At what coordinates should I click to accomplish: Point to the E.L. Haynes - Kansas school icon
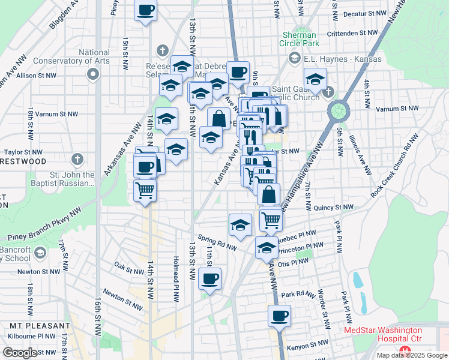point(294,58)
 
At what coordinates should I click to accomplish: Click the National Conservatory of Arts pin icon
point(92,74)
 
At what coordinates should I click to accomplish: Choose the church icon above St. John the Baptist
point(76,159)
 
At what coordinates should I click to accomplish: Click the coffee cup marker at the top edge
point(146,11)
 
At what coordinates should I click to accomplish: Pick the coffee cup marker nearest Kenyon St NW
point(279,316)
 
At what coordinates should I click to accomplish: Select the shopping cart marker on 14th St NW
point(145,191)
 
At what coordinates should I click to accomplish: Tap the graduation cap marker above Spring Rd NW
point(240,224)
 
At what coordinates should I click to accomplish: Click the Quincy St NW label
point(334,208)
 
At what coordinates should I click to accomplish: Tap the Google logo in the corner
point(20,353)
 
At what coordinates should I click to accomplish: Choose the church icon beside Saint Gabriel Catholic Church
point(328,91)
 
